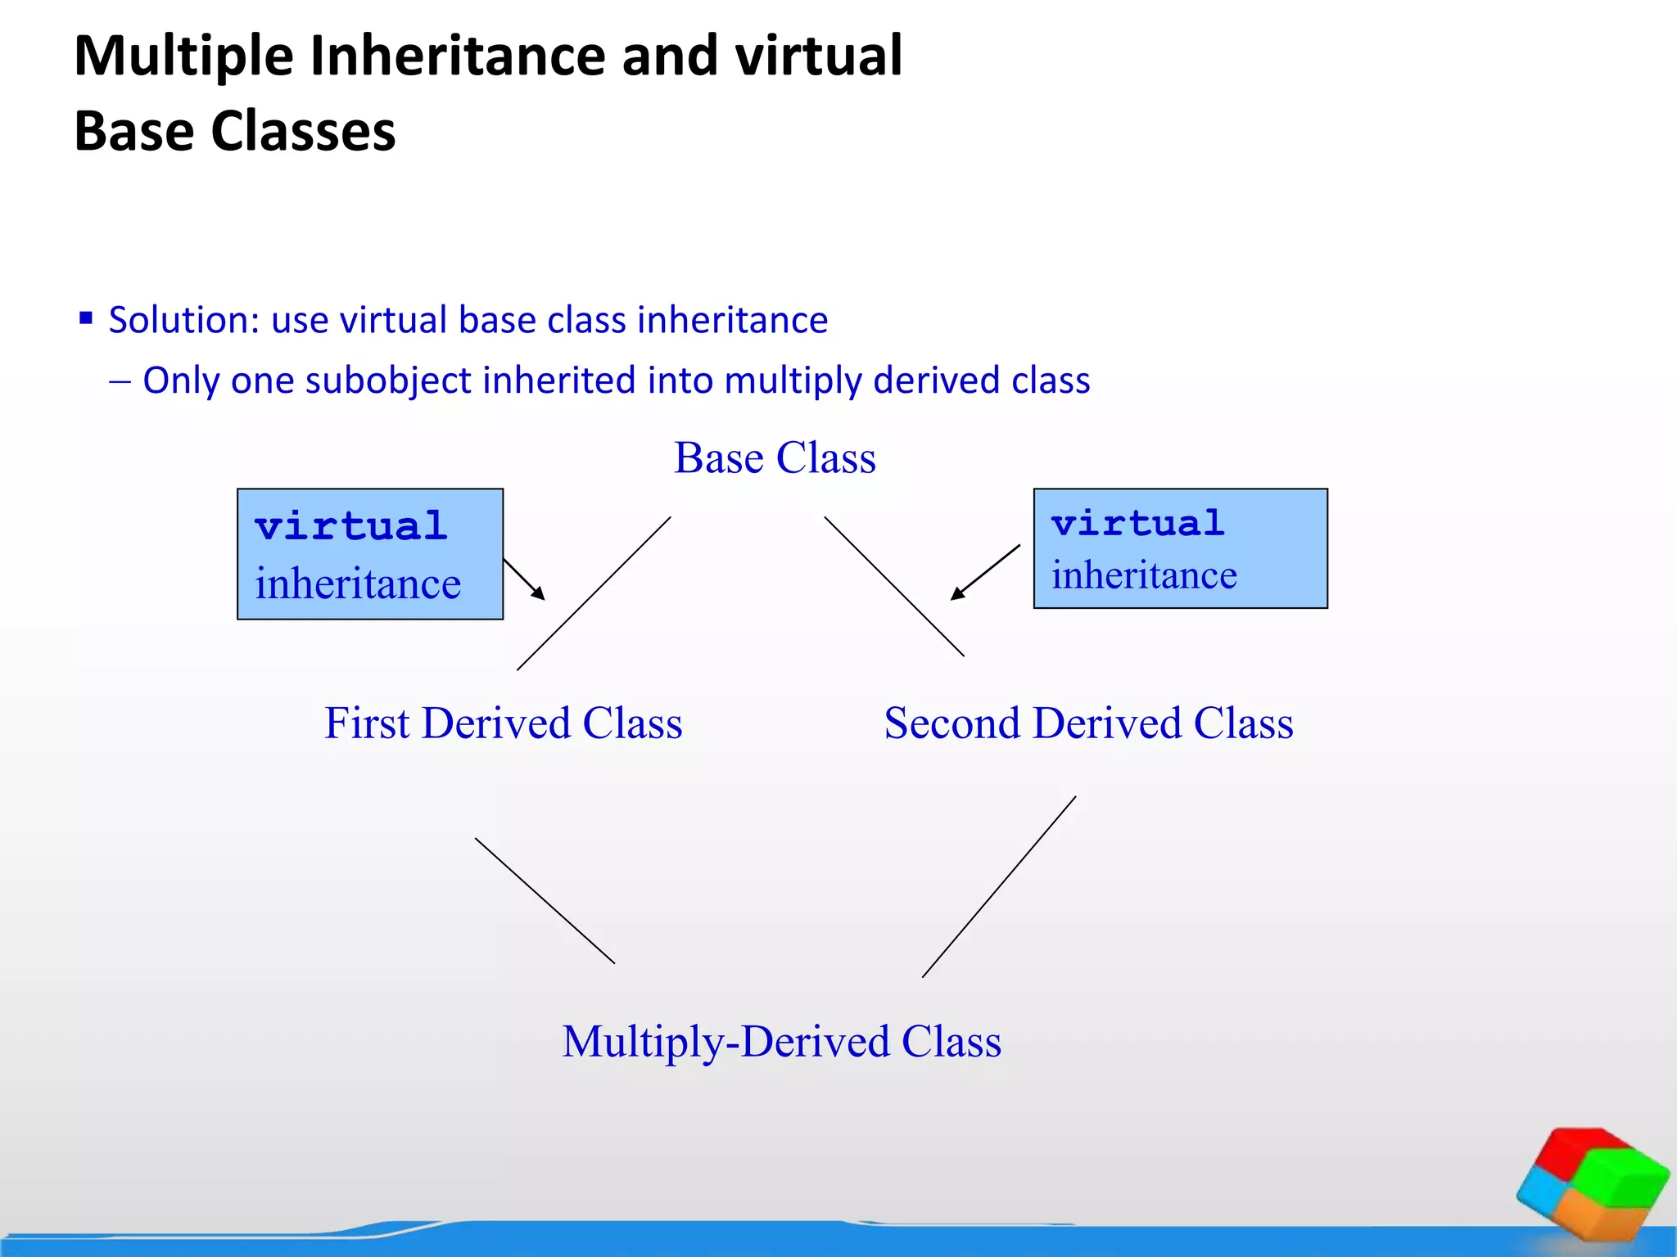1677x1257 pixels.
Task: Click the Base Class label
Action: (x=775, y=458)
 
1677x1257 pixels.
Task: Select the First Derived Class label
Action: (x=503, y=723)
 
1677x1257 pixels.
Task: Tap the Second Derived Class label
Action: (x=1088, y=723)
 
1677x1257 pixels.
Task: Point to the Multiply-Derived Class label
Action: (x=781, y=1042)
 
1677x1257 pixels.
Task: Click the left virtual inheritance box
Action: (x=370, y=554)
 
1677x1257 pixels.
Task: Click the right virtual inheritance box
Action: (x=1180, y=548)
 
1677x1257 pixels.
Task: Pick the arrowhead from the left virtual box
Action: (x=539, y=594)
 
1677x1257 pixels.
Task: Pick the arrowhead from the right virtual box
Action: (x=957, y=594)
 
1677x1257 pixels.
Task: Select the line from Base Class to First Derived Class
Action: (x=594, y=593)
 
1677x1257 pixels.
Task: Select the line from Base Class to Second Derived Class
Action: (x=894, y=586)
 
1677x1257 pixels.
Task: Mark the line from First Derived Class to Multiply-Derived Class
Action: (x=545, y=900)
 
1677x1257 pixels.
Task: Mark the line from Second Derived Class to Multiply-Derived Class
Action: (x=999, y=886)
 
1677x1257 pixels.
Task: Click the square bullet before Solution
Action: (x=86, y=318)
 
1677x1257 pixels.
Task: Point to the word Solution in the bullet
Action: (x=183, y=320)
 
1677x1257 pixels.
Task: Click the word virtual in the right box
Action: (x=1137, y=522)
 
